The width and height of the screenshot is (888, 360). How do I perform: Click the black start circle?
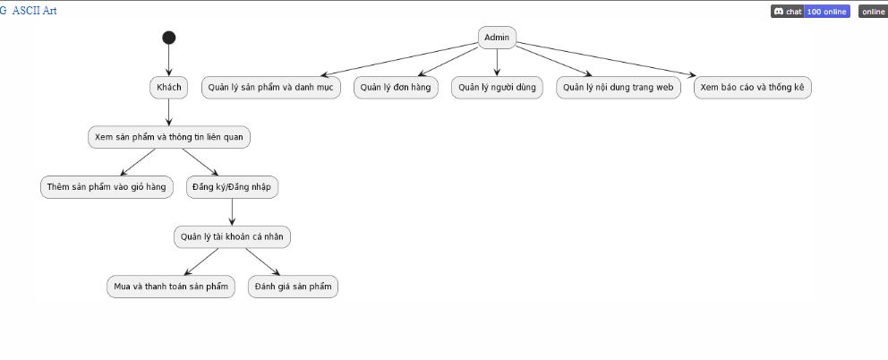168,38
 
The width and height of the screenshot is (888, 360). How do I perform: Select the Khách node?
168,87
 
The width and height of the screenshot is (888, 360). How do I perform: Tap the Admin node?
497,37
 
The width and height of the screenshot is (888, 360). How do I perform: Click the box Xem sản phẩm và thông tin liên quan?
168,137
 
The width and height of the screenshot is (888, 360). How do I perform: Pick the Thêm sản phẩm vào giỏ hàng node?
107,186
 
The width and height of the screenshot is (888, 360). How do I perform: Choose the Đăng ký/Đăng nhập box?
233,186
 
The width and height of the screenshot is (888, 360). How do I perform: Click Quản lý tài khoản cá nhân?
233,236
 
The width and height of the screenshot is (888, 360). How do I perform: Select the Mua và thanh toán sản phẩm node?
170,287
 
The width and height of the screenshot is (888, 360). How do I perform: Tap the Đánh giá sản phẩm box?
293,287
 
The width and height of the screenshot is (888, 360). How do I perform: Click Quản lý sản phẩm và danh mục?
270,87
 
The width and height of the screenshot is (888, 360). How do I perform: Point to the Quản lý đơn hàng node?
396,87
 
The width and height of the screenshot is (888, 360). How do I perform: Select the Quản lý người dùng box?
497,87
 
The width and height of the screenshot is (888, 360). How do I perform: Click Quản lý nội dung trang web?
618,87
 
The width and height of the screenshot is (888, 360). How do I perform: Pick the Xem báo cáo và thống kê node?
752,87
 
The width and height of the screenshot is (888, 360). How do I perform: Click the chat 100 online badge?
810,12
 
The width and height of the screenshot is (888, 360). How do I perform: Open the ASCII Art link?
35,10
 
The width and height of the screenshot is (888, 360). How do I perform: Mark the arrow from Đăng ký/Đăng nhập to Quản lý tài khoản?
233,211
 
